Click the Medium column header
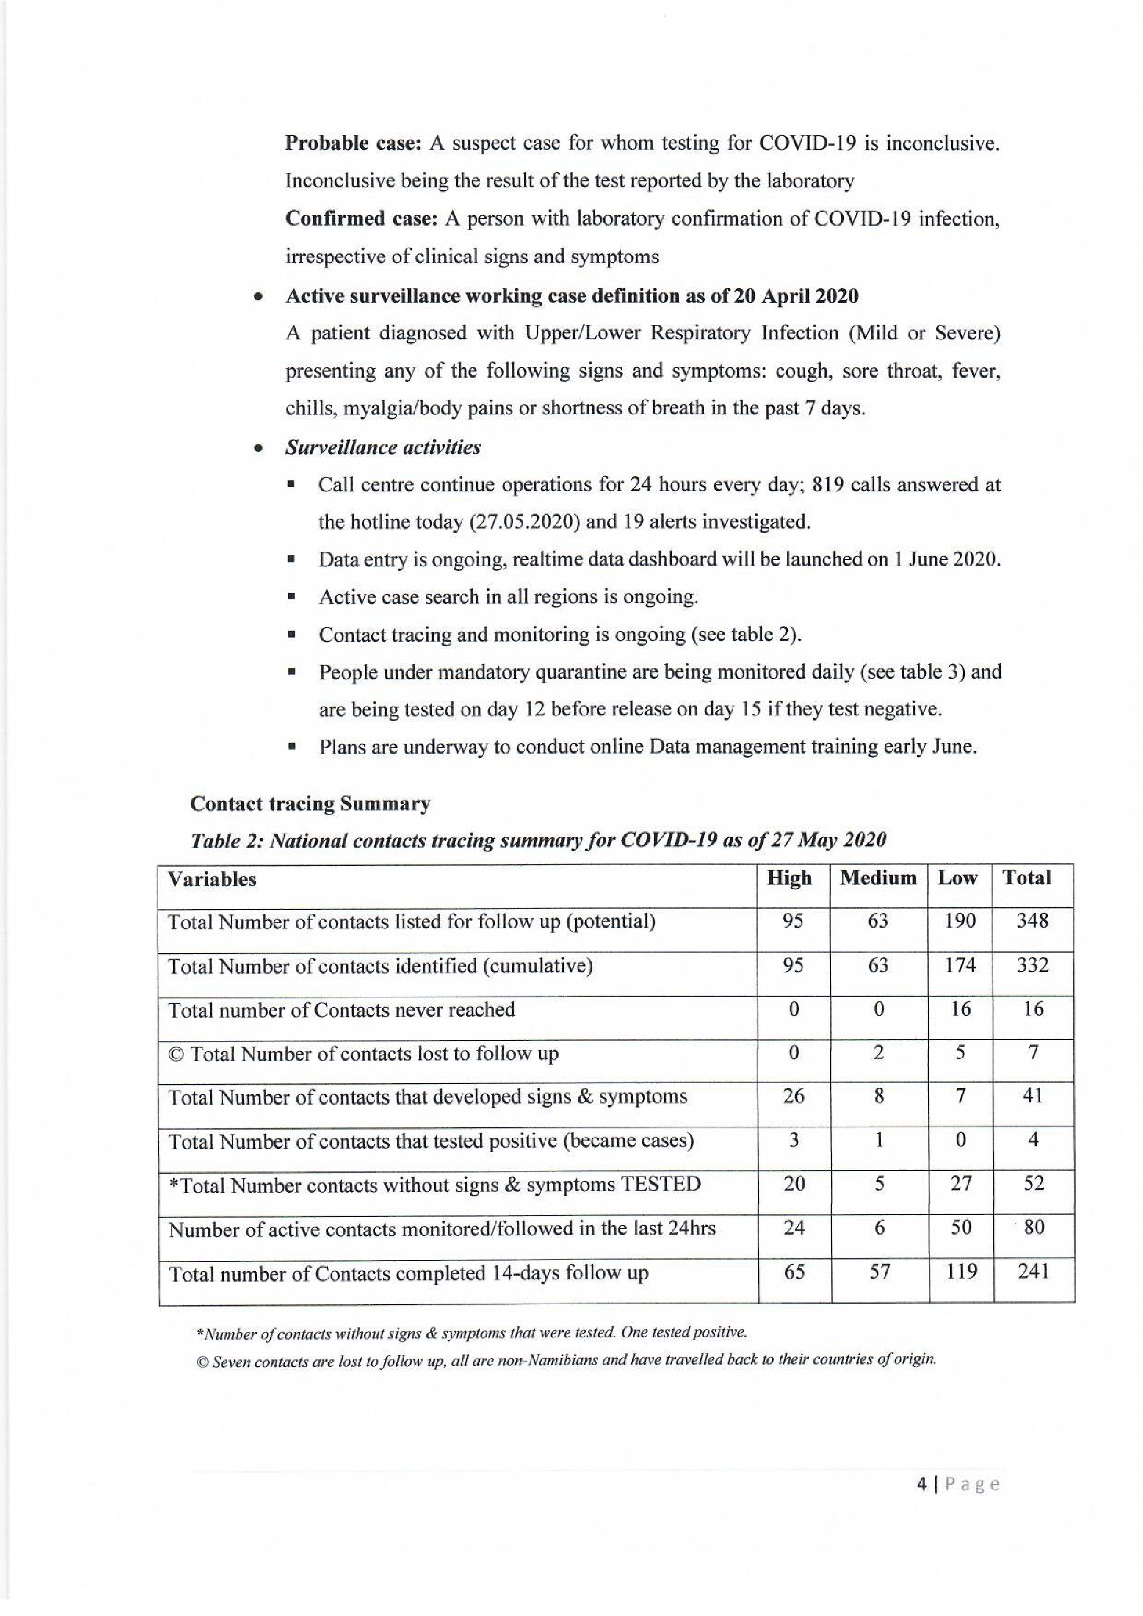pyautogui.click(x=878, y=878)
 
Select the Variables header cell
pyautogui.click(x=212, y=880)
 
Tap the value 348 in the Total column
pyautogui.click(x=1032, y=921)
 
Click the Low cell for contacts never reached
pyautogui.click(x=961, y=1010)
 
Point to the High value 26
pyautogui.click(x=793, y=1096)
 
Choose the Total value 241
pyautogui.click(x=1033, y=1271)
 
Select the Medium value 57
pyautogui.click(x=879, y=1271)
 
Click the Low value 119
pyautogui.click(x=961, y=1271)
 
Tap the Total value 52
pyautogui.click(x=1033, y=1184)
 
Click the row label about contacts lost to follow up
pyautogui.click(x=363, y=1054)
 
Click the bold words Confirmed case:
pyautogui.click(x=362, y=219)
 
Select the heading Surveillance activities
pyautogui.click(x=383, y=448)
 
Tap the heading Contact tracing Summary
pyautogui.click(x=310, y=804)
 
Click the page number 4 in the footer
pyautogui.click(x=921, y=1484)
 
